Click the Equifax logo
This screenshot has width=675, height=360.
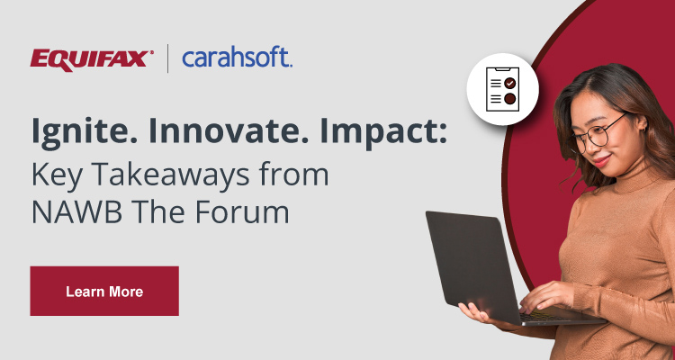coord(92,59)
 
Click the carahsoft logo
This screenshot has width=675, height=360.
coord(237,58)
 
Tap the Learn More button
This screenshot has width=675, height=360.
coord(104,291)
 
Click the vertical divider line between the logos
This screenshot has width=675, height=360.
coord(167,59)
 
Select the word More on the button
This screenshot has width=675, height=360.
coord(125,292)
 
